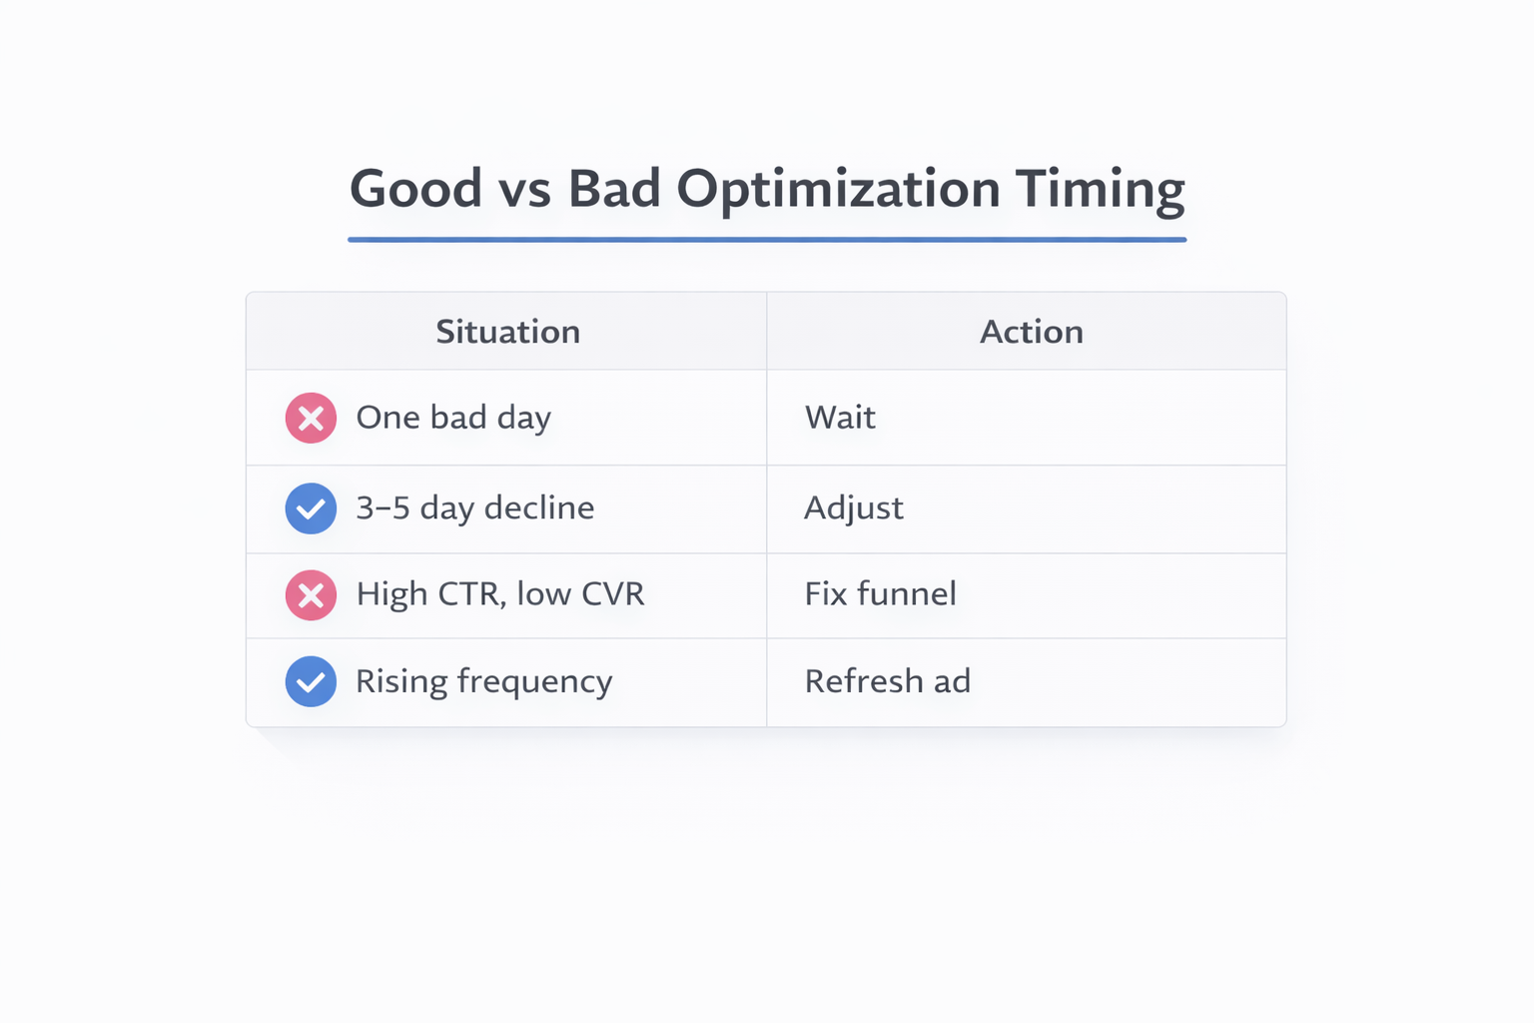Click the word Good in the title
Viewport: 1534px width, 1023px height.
(415, 189)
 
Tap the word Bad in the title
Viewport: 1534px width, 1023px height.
(614, 189)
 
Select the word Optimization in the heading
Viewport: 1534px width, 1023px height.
(838, 189)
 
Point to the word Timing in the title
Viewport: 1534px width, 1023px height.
(1100, 189)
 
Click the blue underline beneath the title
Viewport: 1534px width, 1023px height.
(767, 240)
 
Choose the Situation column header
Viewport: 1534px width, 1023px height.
(507, 332)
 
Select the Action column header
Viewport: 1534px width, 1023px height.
(1031, 332)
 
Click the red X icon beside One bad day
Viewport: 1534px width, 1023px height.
(311, 418)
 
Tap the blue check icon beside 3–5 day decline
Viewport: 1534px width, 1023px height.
(311, 509)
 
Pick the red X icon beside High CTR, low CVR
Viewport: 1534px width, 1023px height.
(311, 595)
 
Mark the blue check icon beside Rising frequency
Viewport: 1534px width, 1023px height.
(311, 681)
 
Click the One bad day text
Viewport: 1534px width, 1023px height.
(453, 418)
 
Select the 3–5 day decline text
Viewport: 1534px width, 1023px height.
(475, 509)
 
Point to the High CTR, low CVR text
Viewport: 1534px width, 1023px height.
(500, 594)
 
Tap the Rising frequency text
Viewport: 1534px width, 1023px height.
(484, 681)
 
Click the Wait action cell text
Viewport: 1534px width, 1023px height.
(840, 418)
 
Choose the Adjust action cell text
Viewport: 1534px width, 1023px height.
(854, 509)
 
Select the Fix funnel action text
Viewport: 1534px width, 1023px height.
(880, 594)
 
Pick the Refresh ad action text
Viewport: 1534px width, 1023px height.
(887, 681)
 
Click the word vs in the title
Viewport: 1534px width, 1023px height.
(525, 189)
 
